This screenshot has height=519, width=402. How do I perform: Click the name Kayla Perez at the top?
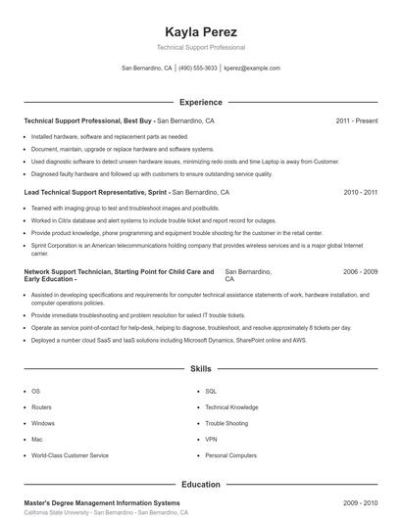200,30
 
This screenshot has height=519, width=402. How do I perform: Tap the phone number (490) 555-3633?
198,69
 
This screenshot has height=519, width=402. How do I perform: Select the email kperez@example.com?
251,69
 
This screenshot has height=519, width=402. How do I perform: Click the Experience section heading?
200,102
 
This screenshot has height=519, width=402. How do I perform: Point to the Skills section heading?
200,369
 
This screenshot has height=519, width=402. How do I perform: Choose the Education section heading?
200,484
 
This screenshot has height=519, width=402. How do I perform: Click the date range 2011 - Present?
356,120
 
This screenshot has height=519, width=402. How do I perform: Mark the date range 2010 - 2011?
360,193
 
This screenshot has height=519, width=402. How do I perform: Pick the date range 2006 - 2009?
360,270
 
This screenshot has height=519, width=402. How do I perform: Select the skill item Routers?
42,406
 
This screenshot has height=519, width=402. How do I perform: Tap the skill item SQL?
210,391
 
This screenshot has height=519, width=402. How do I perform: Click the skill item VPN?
211,439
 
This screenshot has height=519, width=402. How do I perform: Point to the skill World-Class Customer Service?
70,455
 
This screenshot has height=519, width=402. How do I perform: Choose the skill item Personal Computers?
230,455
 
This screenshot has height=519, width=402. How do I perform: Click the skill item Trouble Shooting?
226,423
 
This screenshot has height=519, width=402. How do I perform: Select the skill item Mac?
36,439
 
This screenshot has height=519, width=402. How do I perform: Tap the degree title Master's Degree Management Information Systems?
102,502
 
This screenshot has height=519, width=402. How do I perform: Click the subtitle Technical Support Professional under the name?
200,47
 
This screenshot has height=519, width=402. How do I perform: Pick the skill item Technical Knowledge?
231,406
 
